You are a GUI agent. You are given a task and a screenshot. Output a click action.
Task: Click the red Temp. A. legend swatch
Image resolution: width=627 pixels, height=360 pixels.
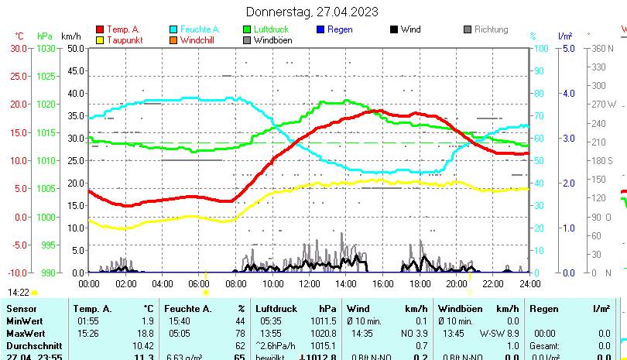point(99,29)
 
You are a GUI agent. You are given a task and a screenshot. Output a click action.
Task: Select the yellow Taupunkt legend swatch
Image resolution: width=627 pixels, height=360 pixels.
point(99,39)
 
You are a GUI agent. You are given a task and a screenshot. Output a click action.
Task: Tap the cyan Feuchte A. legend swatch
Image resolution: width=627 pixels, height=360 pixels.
point(173,29)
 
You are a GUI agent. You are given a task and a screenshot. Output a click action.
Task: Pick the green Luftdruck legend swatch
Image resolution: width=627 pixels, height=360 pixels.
point(247,29)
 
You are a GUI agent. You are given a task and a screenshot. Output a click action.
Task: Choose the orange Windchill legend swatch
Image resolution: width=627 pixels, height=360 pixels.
point(173,39)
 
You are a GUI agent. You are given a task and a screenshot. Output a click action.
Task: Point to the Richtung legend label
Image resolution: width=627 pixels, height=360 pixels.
point(491,29)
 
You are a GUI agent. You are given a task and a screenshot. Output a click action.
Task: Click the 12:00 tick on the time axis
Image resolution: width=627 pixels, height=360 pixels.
point(308,283)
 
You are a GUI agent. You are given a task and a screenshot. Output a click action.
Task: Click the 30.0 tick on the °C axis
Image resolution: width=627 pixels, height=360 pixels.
point(18,48)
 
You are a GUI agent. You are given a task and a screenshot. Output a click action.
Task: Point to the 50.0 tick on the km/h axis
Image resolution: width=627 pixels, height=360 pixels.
point(75,48)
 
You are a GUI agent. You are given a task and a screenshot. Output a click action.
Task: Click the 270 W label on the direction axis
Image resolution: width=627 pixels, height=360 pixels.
point(601,104)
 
